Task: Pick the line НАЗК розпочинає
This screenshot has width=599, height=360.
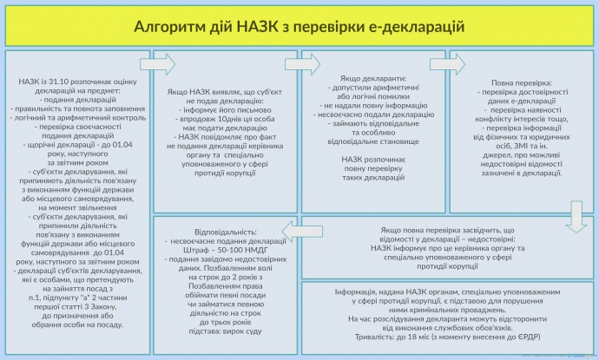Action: coord(375,159)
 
